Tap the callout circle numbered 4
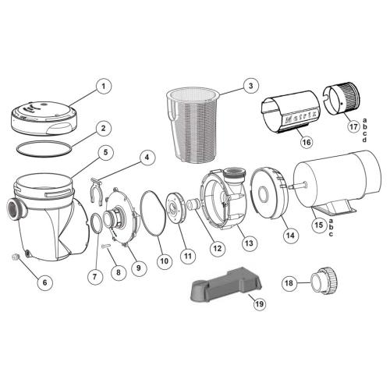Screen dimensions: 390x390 [x=144, y=157]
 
